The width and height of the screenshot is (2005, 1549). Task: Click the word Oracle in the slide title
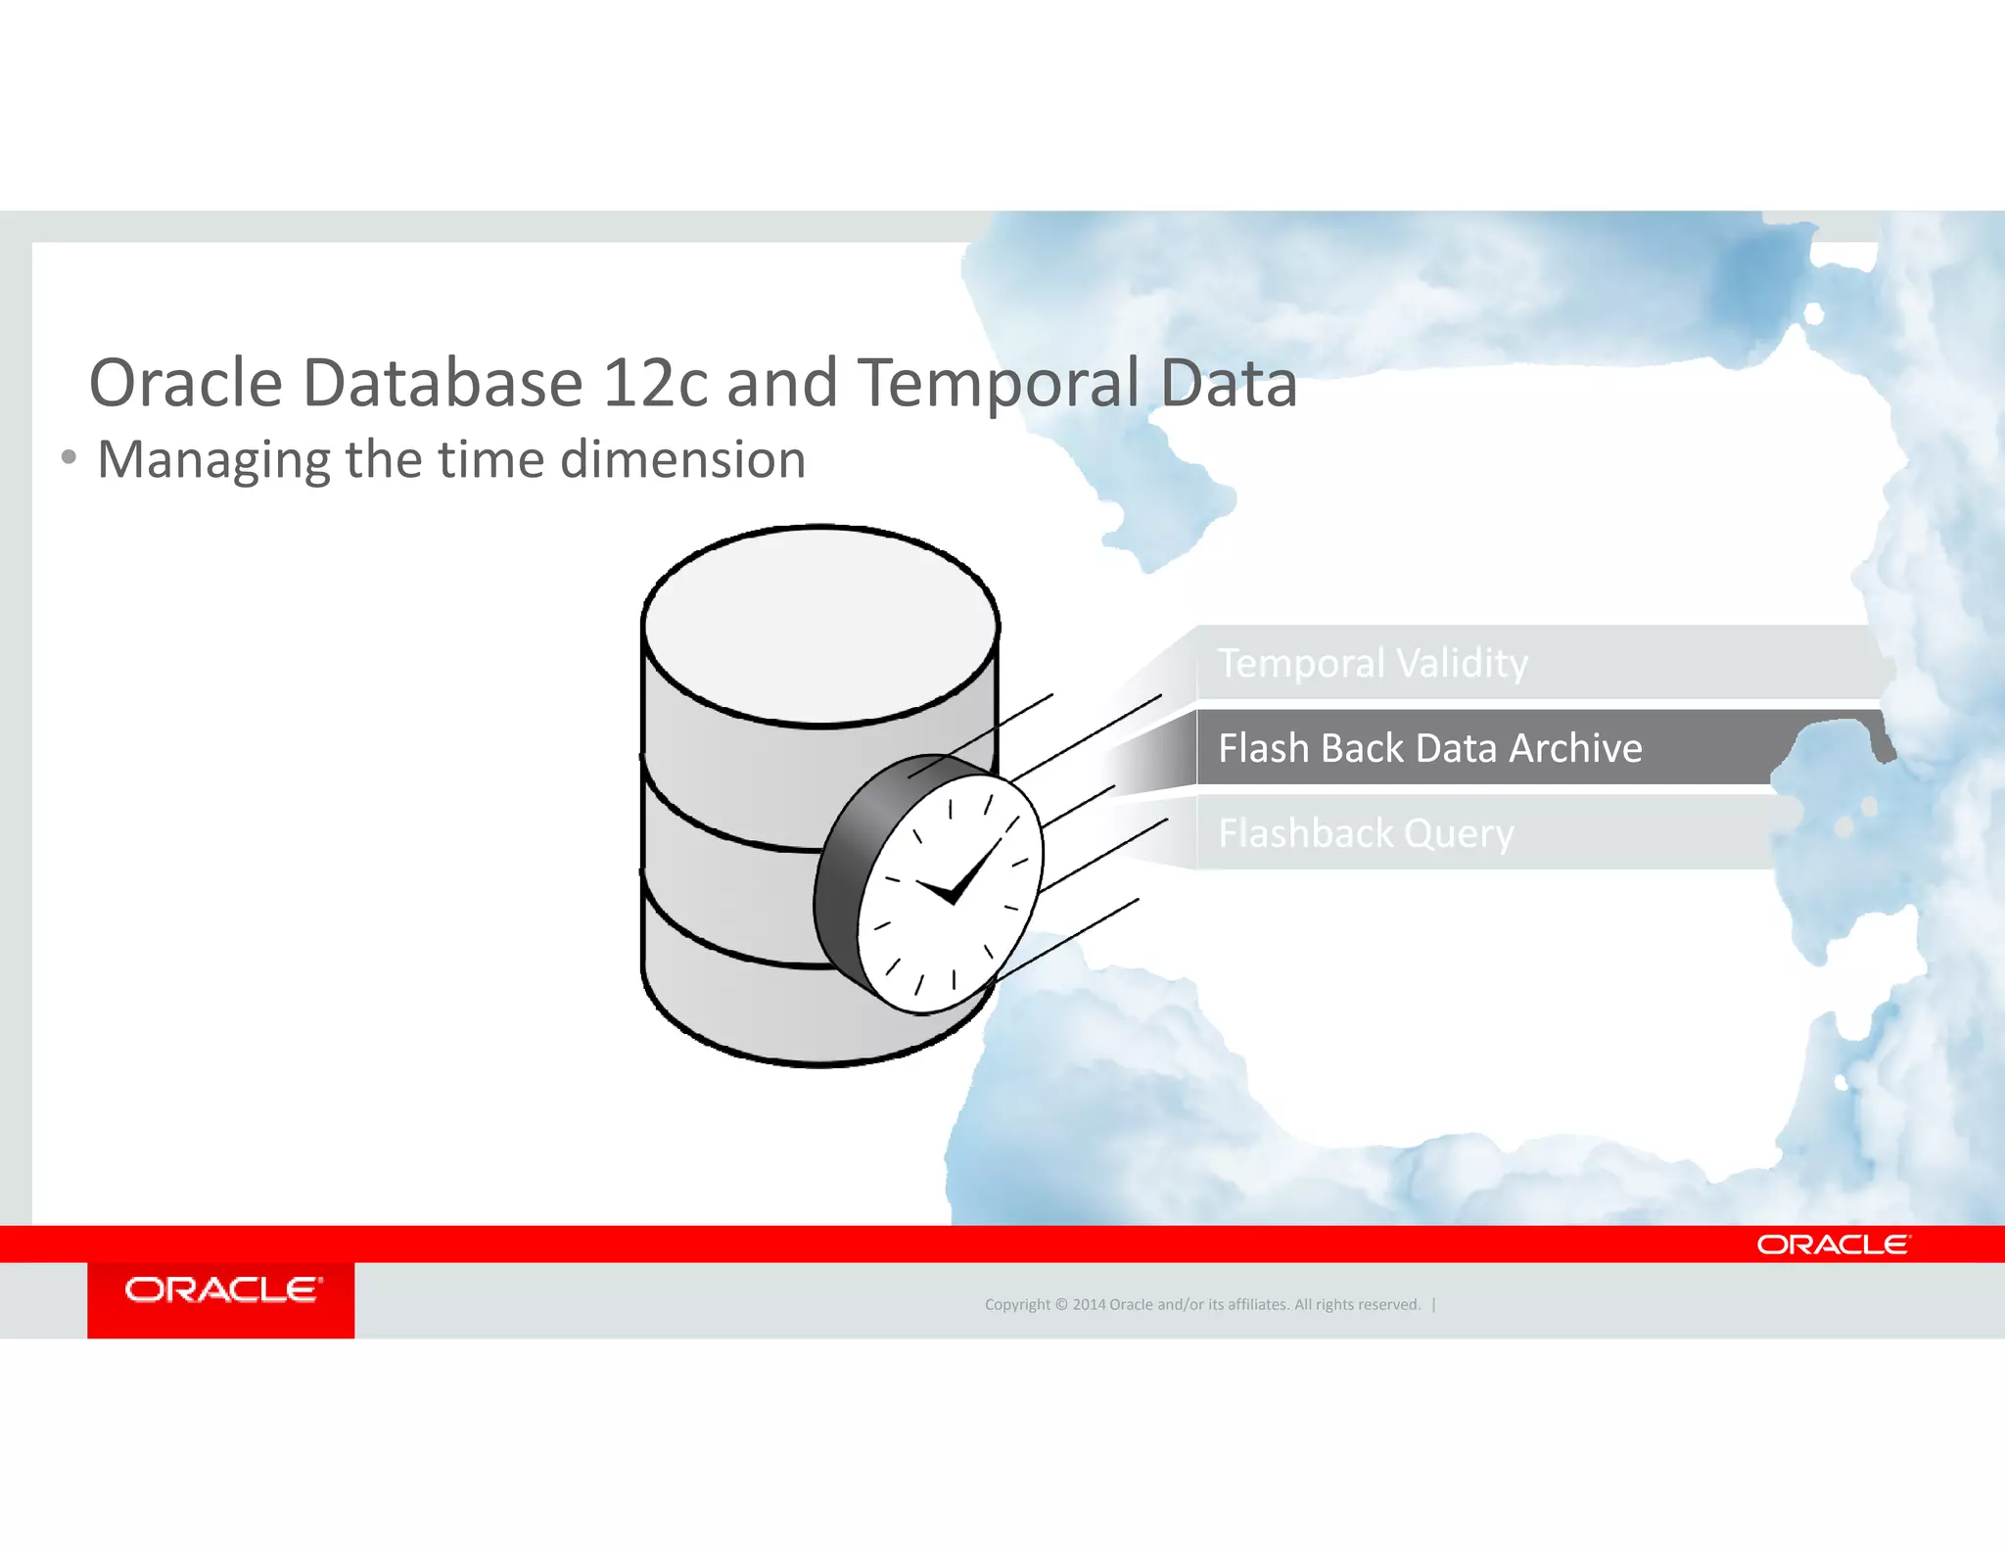185,383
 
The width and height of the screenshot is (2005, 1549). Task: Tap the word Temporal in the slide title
999,385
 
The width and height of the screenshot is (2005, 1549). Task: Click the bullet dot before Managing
68,457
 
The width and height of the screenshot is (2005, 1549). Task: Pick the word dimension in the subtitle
682,459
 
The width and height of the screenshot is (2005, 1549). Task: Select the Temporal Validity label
1372,663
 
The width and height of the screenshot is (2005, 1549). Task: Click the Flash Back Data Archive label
1429,748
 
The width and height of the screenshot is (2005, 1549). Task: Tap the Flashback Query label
1366,833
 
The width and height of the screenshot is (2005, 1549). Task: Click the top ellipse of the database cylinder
820,625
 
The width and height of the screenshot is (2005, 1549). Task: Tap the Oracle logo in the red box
222,1290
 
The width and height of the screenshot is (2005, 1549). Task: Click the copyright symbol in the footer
1060,1304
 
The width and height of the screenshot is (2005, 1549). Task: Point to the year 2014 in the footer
1089,1304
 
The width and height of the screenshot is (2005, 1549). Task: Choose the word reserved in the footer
1387,1304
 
